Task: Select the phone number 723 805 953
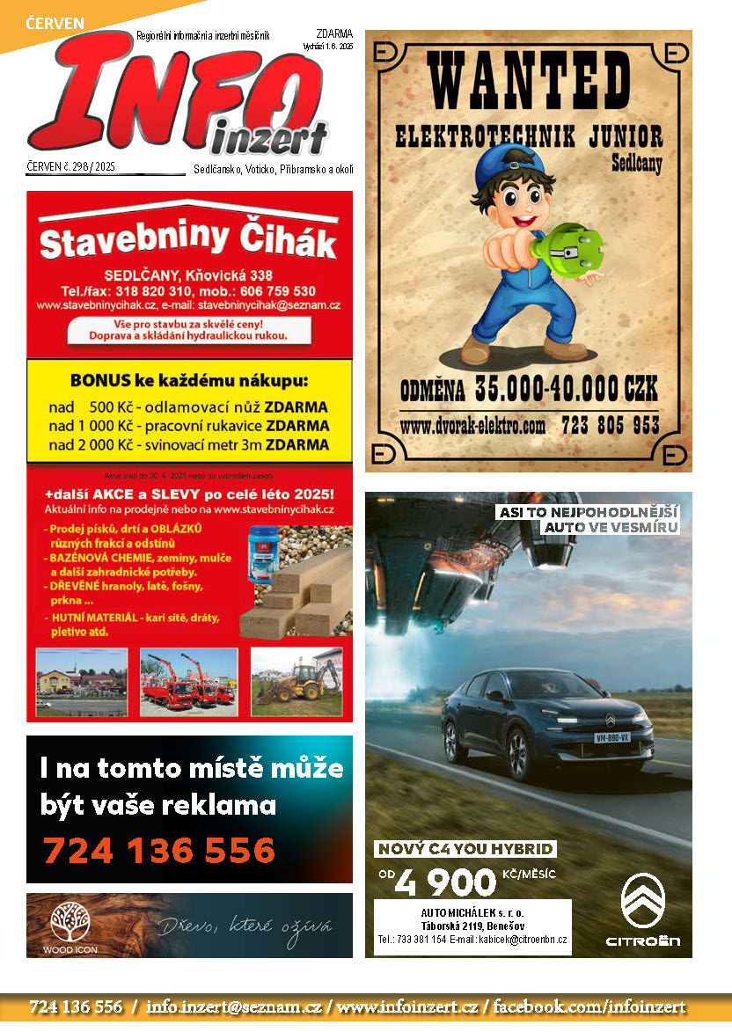click(610, 426)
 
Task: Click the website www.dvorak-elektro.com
click(472, 426)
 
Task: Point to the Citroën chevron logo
click(643, 898)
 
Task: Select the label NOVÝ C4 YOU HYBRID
click(465, 849)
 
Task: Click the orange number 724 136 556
click(159, 850)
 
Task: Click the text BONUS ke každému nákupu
click(189, 382)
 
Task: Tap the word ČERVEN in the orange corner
click(55, 24)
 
